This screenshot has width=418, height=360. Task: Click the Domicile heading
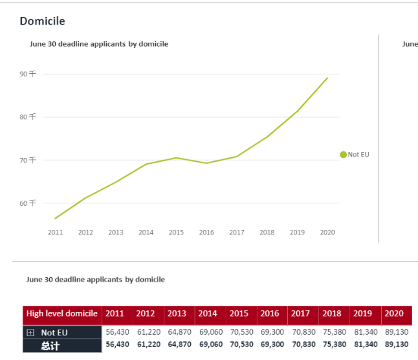point(42,21)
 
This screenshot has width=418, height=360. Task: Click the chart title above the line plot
point(99,44)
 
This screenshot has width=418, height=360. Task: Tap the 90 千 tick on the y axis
point(28,74)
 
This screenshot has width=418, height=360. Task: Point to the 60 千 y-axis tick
point(28,203)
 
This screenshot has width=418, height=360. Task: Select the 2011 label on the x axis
point(55,232)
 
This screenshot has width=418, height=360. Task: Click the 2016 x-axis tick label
point(206,232)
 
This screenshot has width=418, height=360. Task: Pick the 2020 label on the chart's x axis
point(327,232)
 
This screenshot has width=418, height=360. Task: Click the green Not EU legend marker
point(344,155)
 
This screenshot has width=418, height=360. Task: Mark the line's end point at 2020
point(327,78)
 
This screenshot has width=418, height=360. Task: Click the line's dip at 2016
point(206,163)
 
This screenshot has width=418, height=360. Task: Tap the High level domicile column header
point(62,313)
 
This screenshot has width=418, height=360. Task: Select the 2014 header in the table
point(208,313)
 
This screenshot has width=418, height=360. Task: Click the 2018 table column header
point(332,313)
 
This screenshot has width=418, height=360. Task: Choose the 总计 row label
point(50,346)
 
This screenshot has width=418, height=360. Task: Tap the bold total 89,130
point(396,344)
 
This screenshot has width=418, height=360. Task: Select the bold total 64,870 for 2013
point(179,344)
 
